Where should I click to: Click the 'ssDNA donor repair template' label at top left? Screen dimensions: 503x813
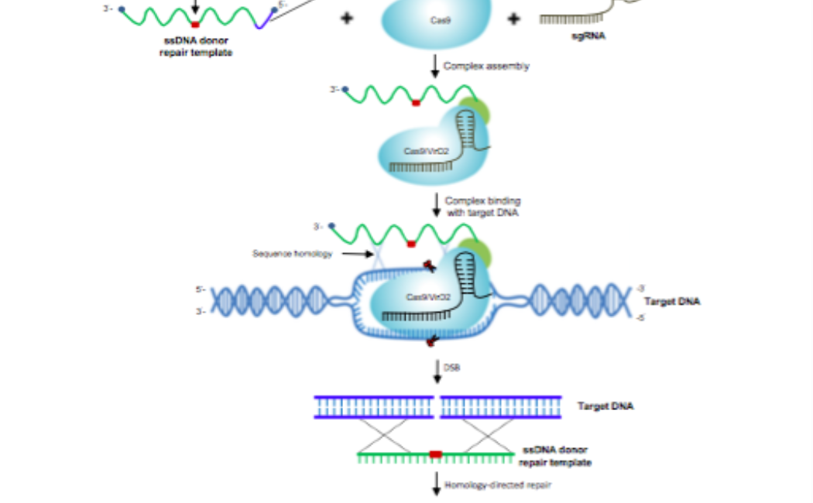tap(197, 46)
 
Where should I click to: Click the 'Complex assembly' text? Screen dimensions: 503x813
tap(486, 66)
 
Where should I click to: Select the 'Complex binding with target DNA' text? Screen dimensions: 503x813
tap(482, 207)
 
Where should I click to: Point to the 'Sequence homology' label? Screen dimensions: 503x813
tap(292, 253)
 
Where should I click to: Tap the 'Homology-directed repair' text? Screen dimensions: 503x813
tap(486, 485)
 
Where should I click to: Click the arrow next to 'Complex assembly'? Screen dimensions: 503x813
tap(435, 66)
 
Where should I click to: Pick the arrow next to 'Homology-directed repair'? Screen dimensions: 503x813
tap(436, 485)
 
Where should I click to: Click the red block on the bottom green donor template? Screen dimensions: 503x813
tap(436, 454)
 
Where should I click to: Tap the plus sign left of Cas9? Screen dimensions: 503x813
tap(346, 19)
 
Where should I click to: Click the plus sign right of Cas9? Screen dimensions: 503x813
tap(513, 19)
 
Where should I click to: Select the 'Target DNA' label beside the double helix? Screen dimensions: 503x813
tap(672, 301)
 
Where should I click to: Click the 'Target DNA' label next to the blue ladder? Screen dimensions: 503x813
tap(605, 405)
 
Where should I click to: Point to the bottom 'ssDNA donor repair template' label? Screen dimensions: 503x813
tap(556, 456)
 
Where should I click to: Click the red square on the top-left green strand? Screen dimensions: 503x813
tap(195, 25)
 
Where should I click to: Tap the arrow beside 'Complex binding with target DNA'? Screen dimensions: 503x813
tap(436, 206)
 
